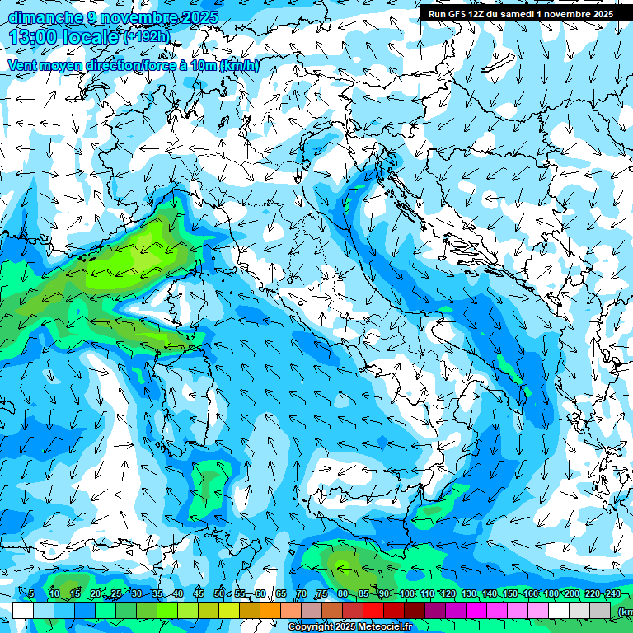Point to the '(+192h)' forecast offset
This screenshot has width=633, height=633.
pyautogui.click(x=147, y=37)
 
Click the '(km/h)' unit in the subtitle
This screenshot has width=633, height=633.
pyautogui.click(x=239, y=66)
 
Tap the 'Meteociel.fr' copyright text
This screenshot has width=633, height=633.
pyautogui.click(x=379, y=627)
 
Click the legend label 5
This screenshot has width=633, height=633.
pyautogui.click(x=31, y=593)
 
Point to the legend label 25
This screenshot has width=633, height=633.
pyautogui.click(x=115, y=593)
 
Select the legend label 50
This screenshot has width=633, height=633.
pyautogui.click(x=219, y=593)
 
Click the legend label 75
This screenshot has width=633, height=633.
pyautogui.click(x=322, y=593)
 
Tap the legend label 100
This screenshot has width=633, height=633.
pyautogui.click(x=406, y=593)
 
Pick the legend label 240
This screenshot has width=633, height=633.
pyautogui.click(x=612, y=593)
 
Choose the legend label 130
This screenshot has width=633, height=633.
pyautogui.click(x=469, y=593)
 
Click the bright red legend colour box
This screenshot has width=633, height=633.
pyautogui.click(x=373, y=610)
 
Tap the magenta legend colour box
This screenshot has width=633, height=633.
pyautogui.click(x=476, y=610)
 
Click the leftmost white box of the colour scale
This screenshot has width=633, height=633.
pyautogui.click(x=22, y=610)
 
